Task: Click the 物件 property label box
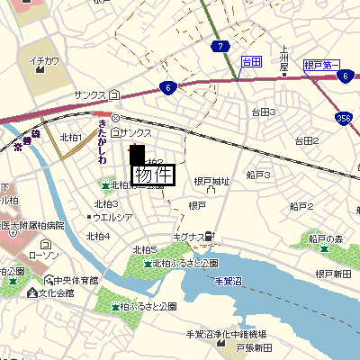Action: [x=152, y=174]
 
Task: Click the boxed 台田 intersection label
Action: [x=251, y=61]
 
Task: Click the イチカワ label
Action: [x=44, y=61]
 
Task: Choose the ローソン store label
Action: [x=43, y=256]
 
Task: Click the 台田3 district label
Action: [x=263, y=112]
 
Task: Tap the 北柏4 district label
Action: [x=97, y=236]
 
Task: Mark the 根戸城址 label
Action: [x=212, y=182]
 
